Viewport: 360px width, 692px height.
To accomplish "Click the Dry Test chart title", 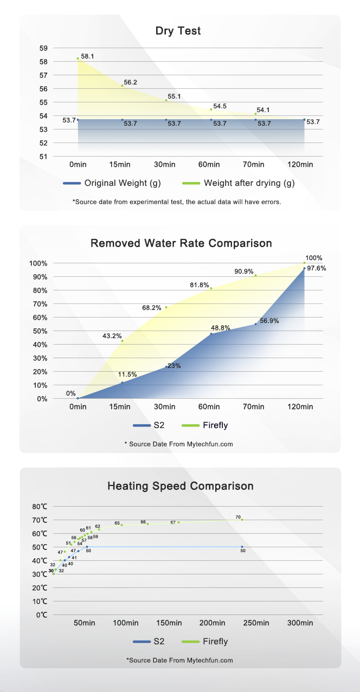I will [x=178, y=31].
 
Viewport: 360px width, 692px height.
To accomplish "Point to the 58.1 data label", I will [x=87, y=56].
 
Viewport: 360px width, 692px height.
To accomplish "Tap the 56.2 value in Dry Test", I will [x=130, y=82].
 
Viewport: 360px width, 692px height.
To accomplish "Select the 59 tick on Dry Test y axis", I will [x=43, y=48].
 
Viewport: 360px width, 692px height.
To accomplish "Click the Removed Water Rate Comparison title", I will [x=181, y=243].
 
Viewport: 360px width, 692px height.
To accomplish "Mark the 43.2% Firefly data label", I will [x=112, y=336].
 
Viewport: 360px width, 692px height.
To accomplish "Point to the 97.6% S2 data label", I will [x=317, y=268].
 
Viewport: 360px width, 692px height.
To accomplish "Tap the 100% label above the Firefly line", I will [x=313, y=258].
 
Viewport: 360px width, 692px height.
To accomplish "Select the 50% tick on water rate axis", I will [x=40, y=331].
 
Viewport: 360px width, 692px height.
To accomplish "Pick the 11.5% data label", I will [x=127, y=374].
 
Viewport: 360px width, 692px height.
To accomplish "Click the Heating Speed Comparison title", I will [x=180, y=486].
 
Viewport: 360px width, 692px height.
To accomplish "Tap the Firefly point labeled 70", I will [x=242, y=520].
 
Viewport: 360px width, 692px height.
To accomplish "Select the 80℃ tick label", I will [x=40, y=507].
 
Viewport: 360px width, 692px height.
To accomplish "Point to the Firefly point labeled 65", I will [x=121, y=525].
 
